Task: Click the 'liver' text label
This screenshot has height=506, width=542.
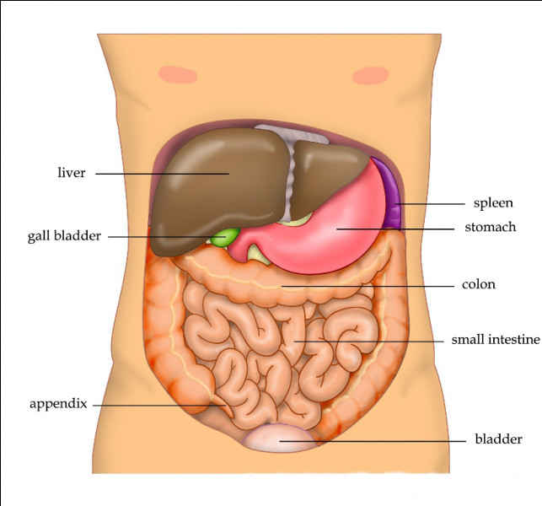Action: click(71, 172)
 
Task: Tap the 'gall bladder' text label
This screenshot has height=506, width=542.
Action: click(64, 236)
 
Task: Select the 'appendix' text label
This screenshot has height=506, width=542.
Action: click(58, 404)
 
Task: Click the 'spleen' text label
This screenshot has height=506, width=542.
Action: click(493, 203)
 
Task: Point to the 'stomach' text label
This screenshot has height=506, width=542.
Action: click(490, 227)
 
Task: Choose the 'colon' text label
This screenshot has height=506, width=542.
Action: click(479, 284)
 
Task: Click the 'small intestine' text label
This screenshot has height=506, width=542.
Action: click(496, 339)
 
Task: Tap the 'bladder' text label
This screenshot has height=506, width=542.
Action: click(498, 439)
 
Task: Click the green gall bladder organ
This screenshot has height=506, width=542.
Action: click(225, 237)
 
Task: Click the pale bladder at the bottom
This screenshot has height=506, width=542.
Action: click(279, 439)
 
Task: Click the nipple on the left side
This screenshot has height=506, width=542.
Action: click(178, 74)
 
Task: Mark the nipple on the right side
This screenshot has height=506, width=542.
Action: click(370, 76)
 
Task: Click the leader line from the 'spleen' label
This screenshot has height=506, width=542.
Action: click(430, 204)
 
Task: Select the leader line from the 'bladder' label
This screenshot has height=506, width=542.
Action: click(373, 441)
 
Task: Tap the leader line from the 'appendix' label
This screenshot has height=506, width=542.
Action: click(159, 406)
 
